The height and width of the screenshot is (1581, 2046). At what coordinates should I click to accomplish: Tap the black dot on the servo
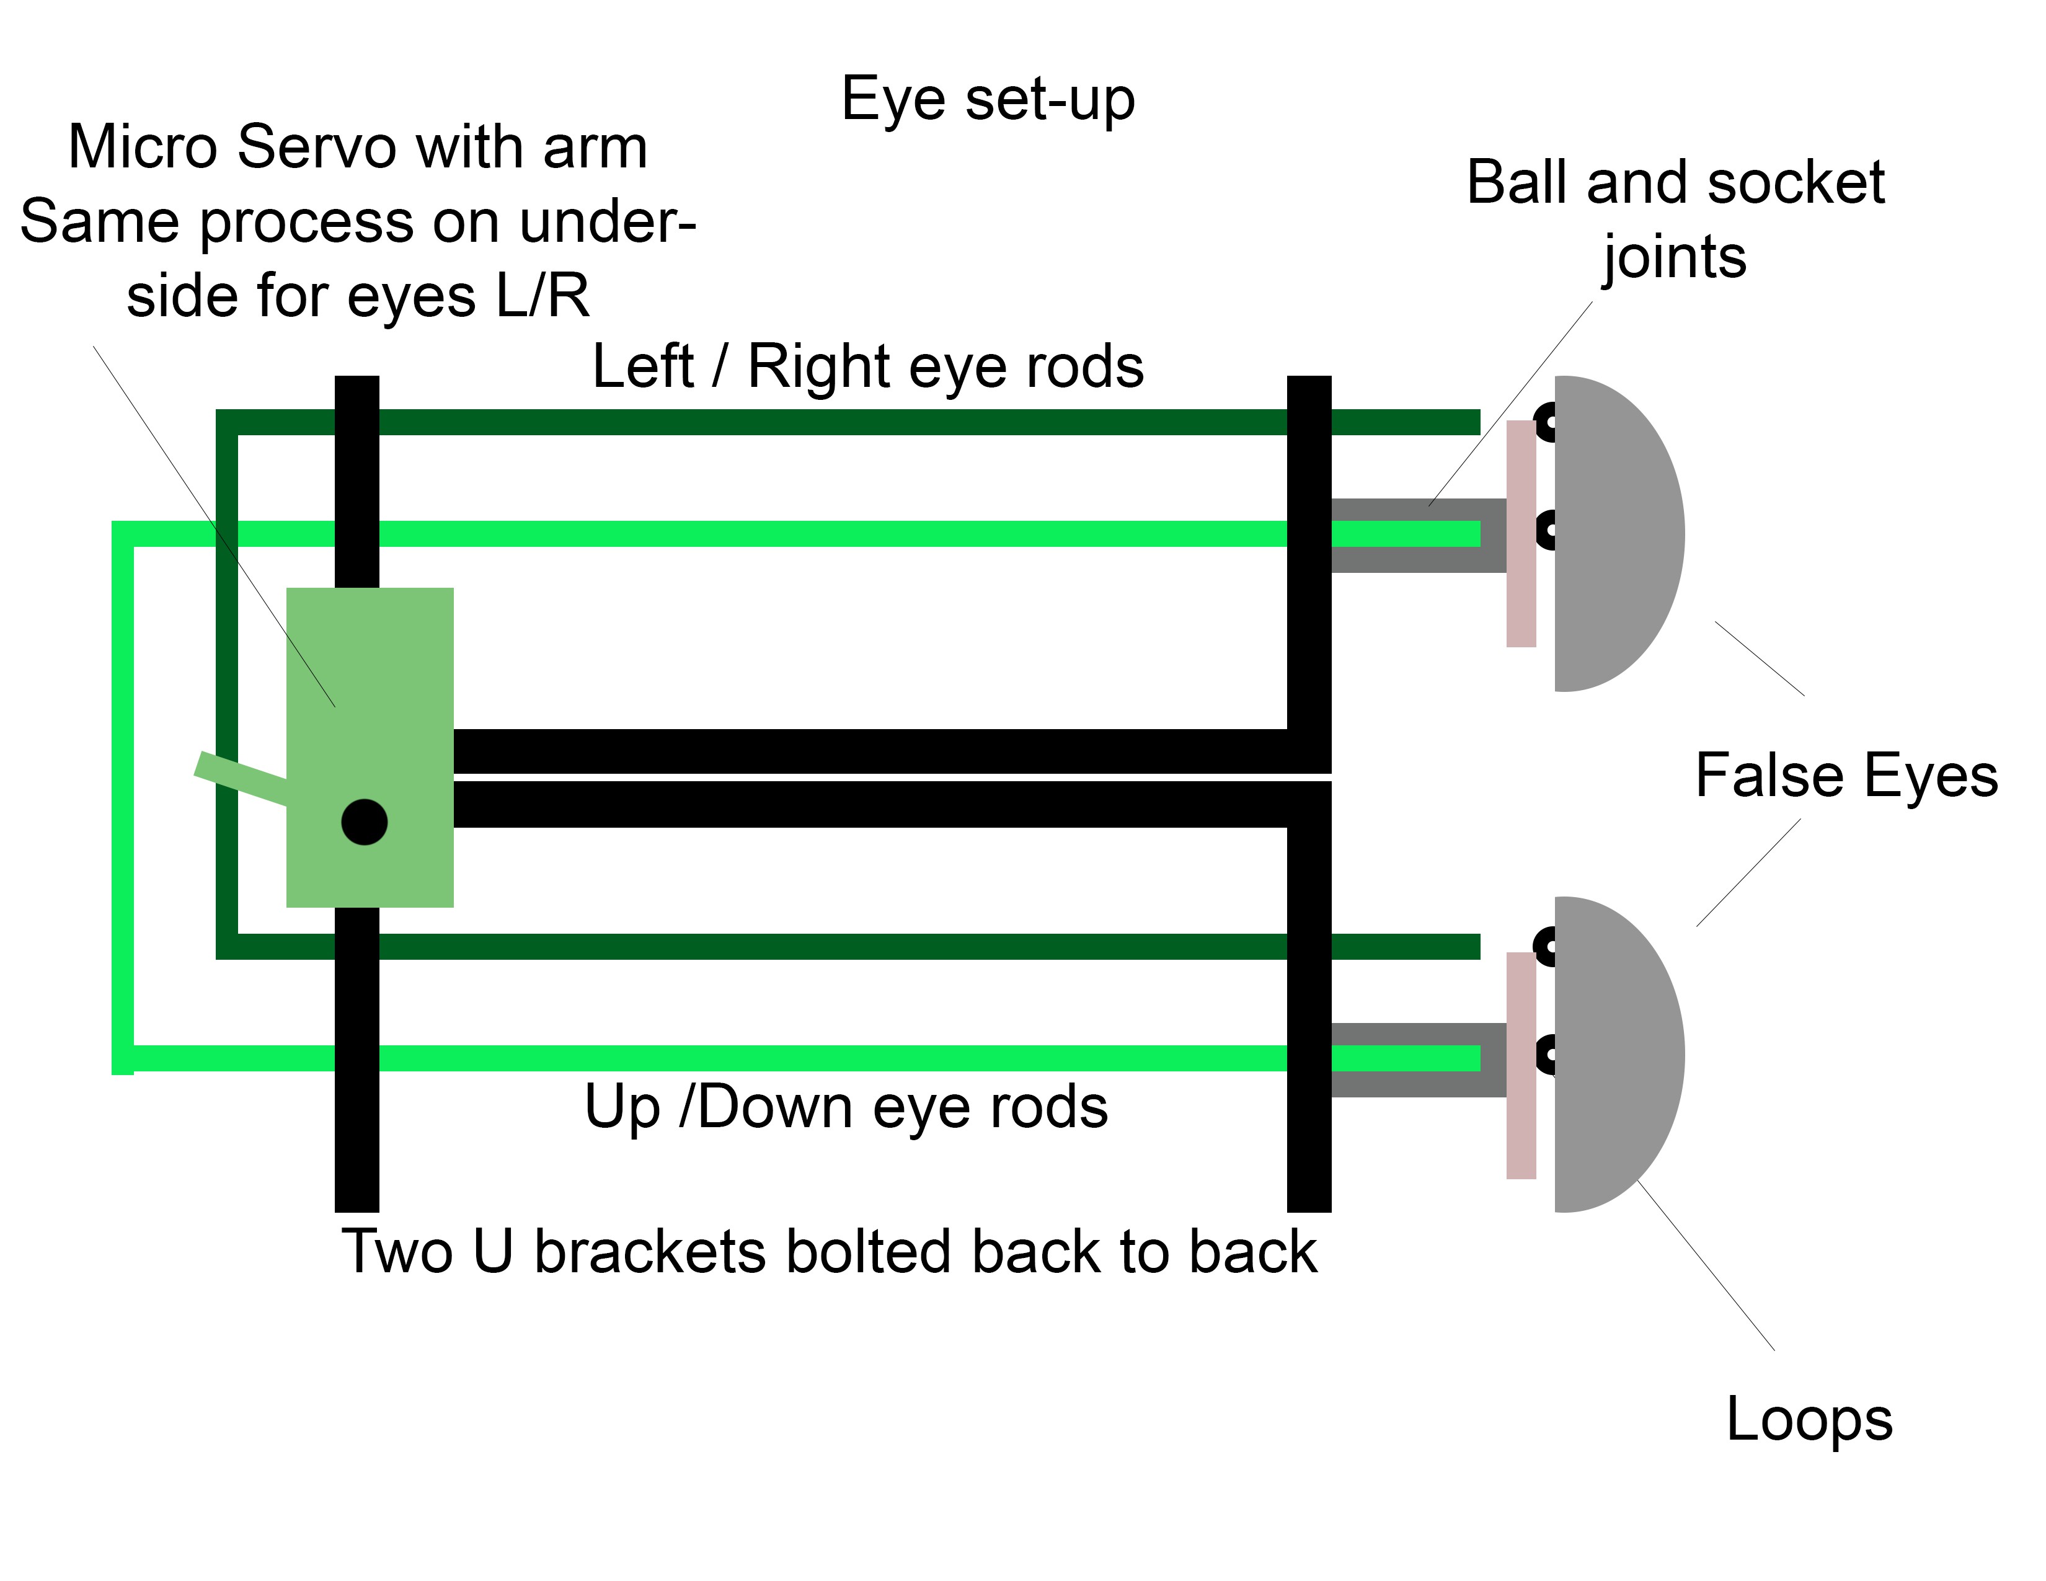coord(365,822)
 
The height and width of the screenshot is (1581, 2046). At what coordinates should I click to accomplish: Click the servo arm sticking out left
coord(241,778)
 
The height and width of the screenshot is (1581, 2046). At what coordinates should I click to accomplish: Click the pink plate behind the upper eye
coord(1521,534)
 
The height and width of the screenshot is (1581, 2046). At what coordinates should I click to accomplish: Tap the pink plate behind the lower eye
coord(1521,1066)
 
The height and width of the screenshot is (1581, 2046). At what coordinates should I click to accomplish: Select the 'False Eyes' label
coord(1846,776)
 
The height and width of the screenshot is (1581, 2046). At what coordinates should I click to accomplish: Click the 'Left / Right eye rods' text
coord(867,366)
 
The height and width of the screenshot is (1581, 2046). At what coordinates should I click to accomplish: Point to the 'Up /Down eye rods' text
coord(846,1108)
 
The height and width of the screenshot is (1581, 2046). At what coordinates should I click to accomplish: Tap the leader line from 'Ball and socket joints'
coord(1510,404)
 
